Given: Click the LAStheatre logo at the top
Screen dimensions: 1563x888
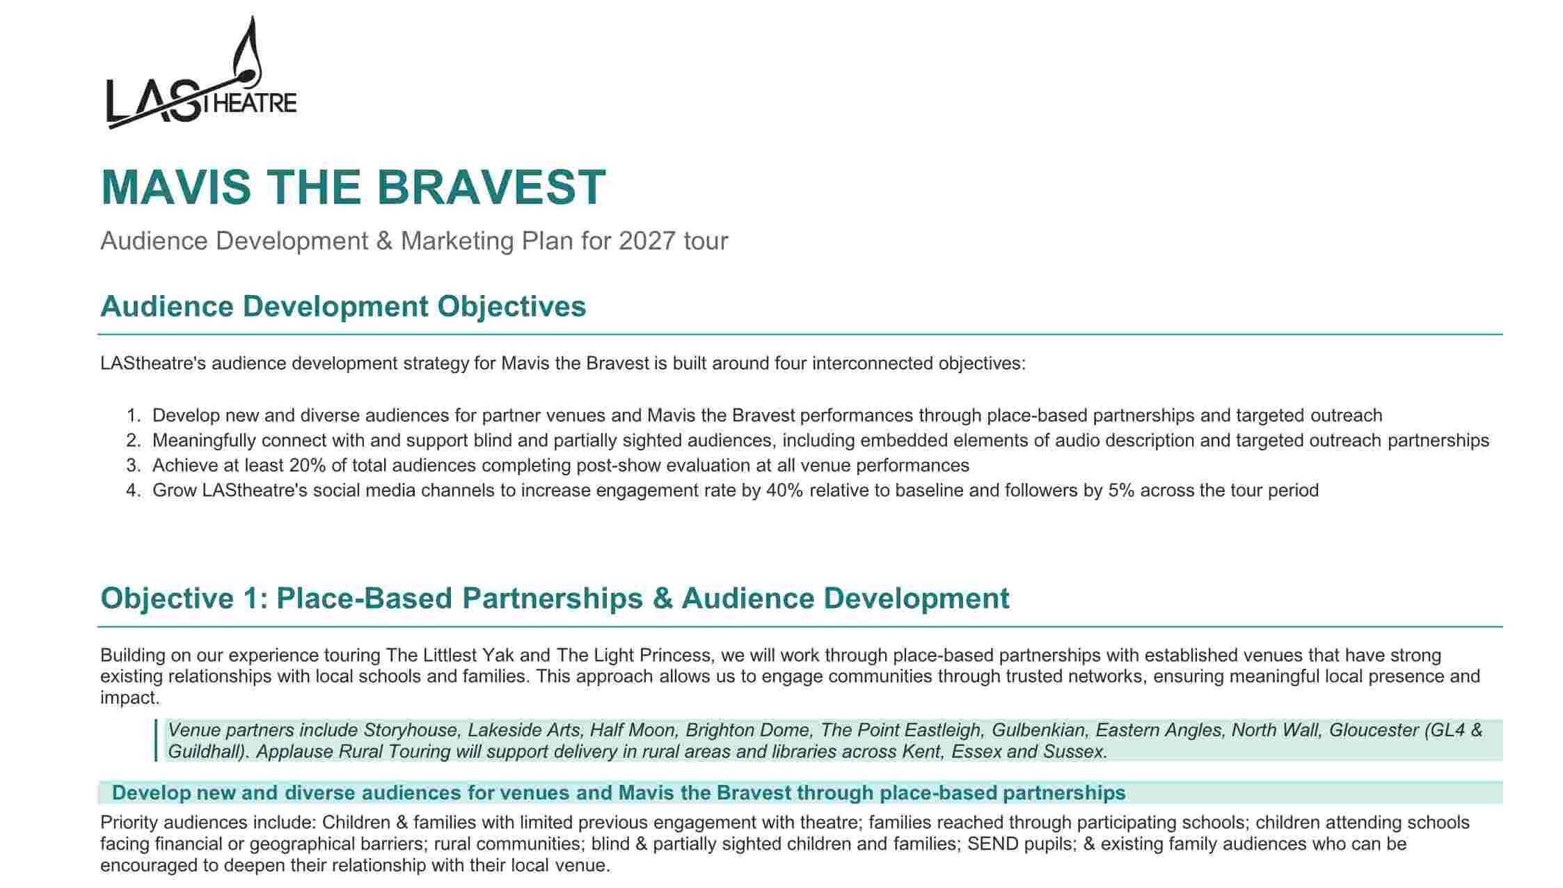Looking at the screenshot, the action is coord(201,73).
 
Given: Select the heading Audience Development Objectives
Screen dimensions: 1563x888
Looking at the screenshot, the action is coord(343,306).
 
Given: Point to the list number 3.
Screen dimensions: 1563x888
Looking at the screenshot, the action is coord(134,466).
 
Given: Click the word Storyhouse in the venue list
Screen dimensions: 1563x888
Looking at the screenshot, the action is coord(411,730).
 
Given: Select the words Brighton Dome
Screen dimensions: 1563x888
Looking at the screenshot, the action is coord(748,730).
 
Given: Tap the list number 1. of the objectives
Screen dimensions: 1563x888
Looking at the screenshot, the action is coord(134,415).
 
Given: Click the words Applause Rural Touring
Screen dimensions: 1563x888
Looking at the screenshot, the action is coord(354,752).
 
